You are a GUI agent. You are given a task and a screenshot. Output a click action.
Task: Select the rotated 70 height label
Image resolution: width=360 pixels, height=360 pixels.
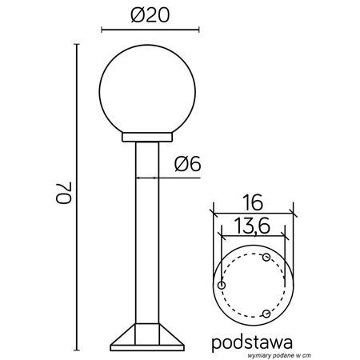coord(64,196)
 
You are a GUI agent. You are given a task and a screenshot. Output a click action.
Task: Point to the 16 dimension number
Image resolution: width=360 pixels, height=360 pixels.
coord(252,200)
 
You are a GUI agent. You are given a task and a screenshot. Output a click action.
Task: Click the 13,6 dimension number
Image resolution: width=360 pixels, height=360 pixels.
coord(252,226)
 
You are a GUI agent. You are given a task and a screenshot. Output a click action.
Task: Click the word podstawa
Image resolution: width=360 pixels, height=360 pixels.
coord(252,342)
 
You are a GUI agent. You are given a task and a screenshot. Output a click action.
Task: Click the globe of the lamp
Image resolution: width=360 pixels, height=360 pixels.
coord(145,90)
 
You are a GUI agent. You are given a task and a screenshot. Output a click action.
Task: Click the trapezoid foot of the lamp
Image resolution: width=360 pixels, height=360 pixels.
coord(145,338)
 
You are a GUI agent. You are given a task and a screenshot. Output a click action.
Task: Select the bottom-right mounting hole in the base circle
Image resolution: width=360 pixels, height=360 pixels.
coord(266,313)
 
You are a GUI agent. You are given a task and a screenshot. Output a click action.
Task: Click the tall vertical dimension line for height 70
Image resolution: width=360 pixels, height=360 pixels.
coord(77,196)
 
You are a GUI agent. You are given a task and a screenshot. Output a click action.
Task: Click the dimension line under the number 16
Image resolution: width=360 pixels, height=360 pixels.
coord(253,212)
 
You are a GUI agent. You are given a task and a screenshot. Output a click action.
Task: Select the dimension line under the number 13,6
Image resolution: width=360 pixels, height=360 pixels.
coord(253,238)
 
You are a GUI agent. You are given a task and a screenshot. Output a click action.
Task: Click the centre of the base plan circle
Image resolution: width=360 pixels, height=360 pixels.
coord(253,285)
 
